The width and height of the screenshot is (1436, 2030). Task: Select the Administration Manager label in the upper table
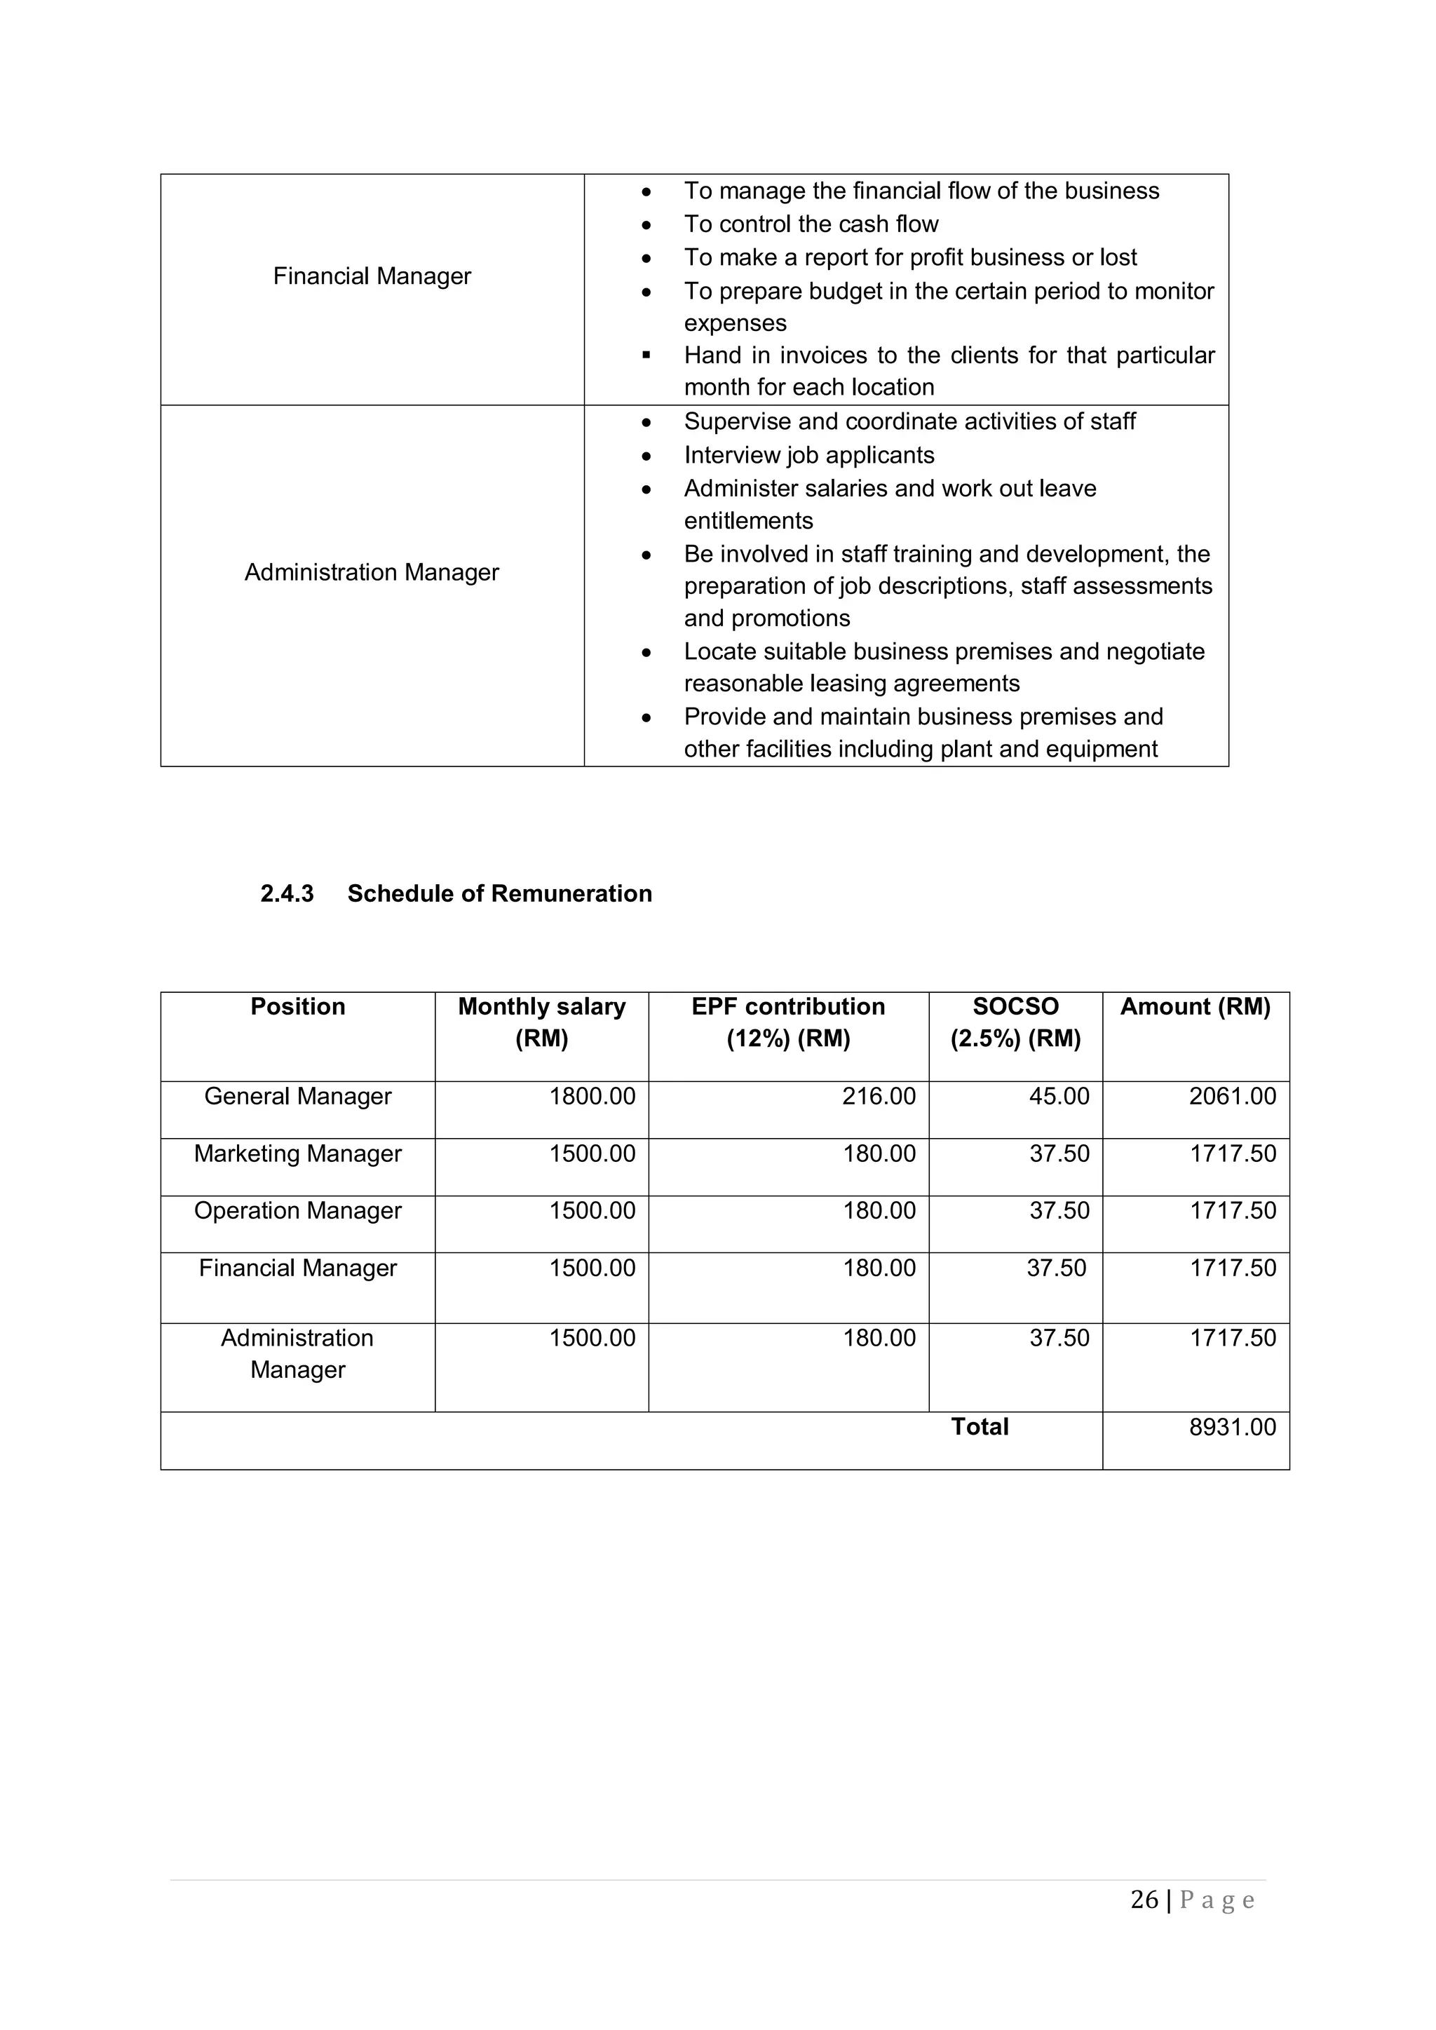(x=372, y=572)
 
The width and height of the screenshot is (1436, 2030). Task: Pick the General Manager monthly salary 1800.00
(x=592, y=1097)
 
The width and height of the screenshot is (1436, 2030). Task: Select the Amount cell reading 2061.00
(x=1232, y=1097)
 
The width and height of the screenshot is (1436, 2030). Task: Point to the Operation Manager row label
(x=297, y=1210)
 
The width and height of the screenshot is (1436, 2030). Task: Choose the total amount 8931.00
(x=1232, y=1427)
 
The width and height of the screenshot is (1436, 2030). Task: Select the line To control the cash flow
(x=810, y=224)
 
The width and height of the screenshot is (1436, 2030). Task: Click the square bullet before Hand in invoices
(x=646, y=356)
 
